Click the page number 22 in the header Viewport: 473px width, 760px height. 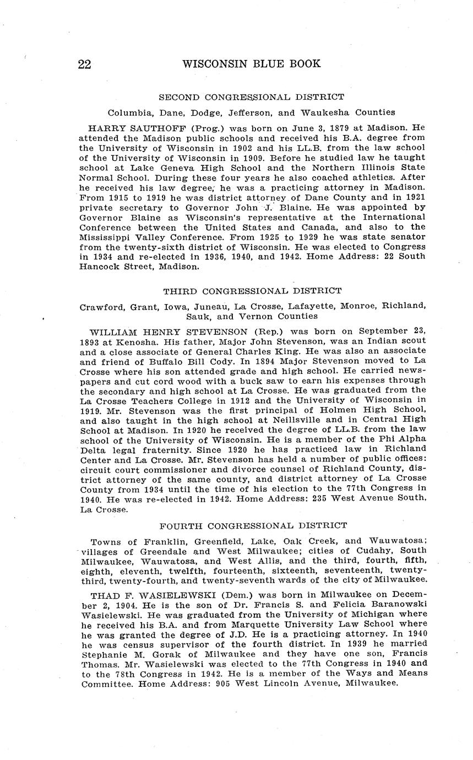(x=84, y=64)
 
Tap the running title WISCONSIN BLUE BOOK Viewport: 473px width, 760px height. (x=251, y=64)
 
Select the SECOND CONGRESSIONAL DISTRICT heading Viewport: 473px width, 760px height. (x=251, y=97)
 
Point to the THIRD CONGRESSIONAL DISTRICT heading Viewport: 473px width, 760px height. (x=252, y=291)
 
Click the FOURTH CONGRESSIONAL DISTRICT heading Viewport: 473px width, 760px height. (x=253, y=526)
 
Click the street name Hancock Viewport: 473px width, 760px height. (x=105, y=266)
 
